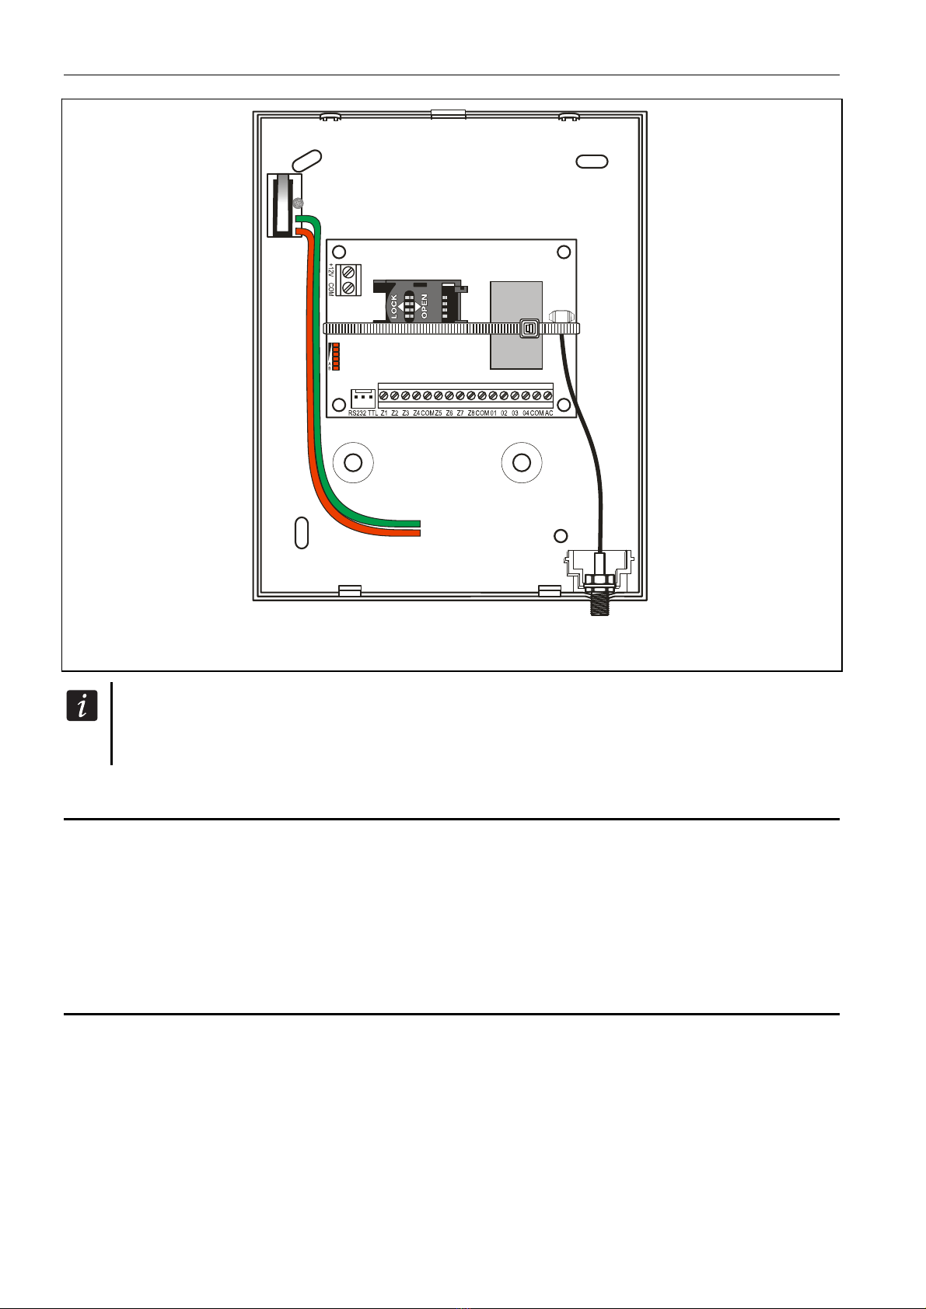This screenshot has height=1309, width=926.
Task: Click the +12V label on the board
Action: [330, 271]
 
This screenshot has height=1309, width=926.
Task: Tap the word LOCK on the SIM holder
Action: [394, 306]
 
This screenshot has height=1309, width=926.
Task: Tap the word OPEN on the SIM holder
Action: [425, 306]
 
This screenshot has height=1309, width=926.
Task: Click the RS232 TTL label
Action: [363, 413]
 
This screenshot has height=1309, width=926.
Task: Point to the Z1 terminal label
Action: [384, 413]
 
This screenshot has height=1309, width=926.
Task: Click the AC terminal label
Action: [549, 413]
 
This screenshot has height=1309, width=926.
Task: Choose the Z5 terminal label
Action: [439, 413]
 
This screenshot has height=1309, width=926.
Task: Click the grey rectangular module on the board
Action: [515, 323]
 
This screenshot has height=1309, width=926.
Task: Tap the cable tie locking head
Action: [530, 329]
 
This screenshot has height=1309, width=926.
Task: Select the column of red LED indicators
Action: [336, 357]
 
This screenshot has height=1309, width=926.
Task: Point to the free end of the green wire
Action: [418, 523]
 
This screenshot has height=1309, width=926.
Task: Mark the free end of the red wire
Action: [418, 533]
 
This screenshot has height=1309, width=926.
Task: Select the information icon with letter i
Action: [82, 706]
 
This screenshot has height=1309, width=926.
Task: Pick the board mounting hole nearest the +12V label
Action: [338, 252]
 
